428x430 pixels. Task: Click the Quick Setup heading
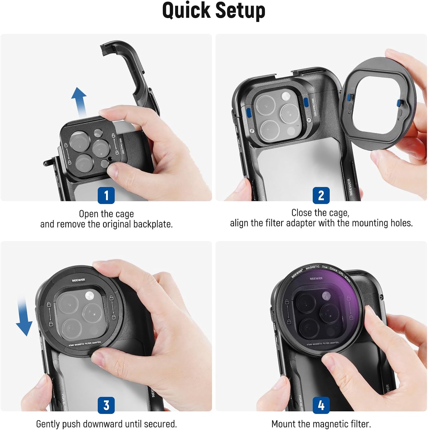pos(214,11)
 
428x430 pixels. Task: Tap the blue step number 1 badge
pos(106,195)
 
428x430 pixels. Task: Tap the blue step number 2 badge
pos(321,195)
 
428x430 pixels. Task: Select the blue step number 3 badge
pos(106,405)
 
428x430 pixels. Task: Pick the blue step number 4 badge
pos(321,405)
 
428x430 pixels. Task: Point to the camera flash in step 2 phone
pos(286,96)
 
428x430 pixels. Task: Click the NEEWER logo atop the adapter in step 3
pos(78,280)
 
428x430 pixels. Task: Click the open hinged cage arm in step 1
pos(135,75)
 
